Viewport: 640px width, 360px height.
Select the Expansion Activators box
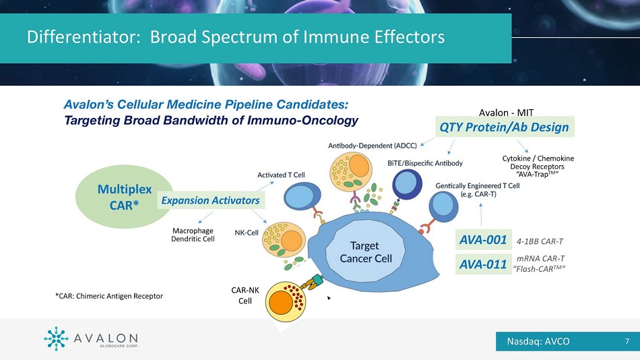[x=209, y=200]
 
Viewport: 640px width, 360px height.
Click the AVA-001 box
[x=483, y=239]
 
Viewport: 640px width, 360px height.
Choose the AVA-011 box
[x=483, y=264]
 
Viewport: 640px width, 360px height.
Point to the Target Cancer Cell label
[x=366, y=252]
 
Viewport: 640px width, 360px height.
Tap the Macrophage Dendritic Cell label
[x=193, y=235]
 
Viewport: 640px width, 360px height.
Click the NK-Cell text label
[x=247, y=233]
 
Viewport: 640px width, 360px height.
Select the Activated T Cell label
[x=281, y=175]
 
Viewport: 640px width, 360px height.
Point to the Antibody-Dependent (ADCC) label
[x=373, y=145]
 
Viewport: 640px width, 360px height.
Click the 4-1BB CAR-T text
[x=540, y=240]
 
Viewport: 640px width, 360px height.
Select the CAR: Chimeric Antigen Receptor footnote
[x=108, y=295]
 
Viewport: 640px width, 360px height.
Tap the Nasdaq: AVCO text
[x=538, y=341]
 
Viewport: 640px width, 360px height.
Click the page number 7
[x=627, y=341]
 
